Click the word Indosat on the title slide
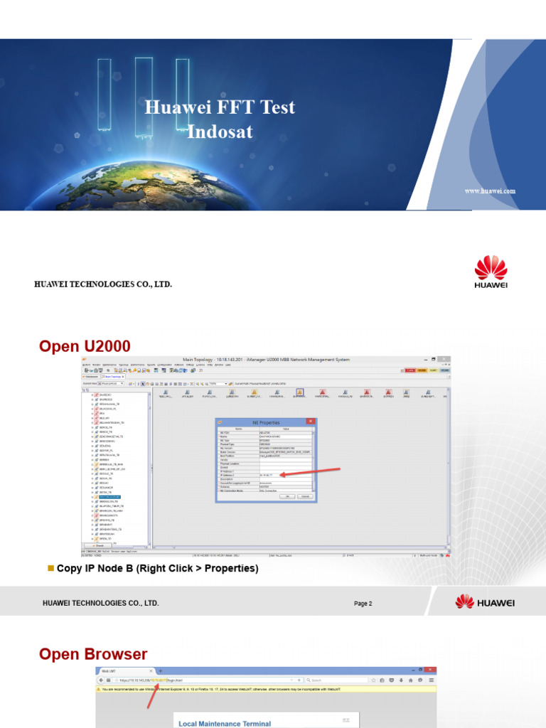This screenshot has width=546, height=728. tap(220, 132)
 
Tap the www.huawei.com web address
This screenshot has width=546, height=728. tap(490, 191)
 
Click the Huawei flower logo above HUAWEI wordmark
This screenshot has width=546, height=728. tap(491, 267)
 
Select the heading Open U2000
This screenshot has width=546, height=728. tap(85, 346)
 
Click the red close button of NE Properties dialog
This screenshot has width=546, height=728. tap(311, 422)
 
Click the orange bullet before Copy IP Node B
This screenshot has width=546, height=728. tap(50, 567)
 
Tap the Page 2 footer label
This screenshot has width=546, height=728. tap(363, 604)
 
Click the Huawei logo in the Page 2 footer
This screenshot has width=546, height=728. tap(486, 603)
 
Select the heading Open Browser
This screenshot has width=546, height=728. tap(93, 654)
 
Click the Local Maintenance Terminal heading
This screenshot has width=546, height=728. tap(225, 724)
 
